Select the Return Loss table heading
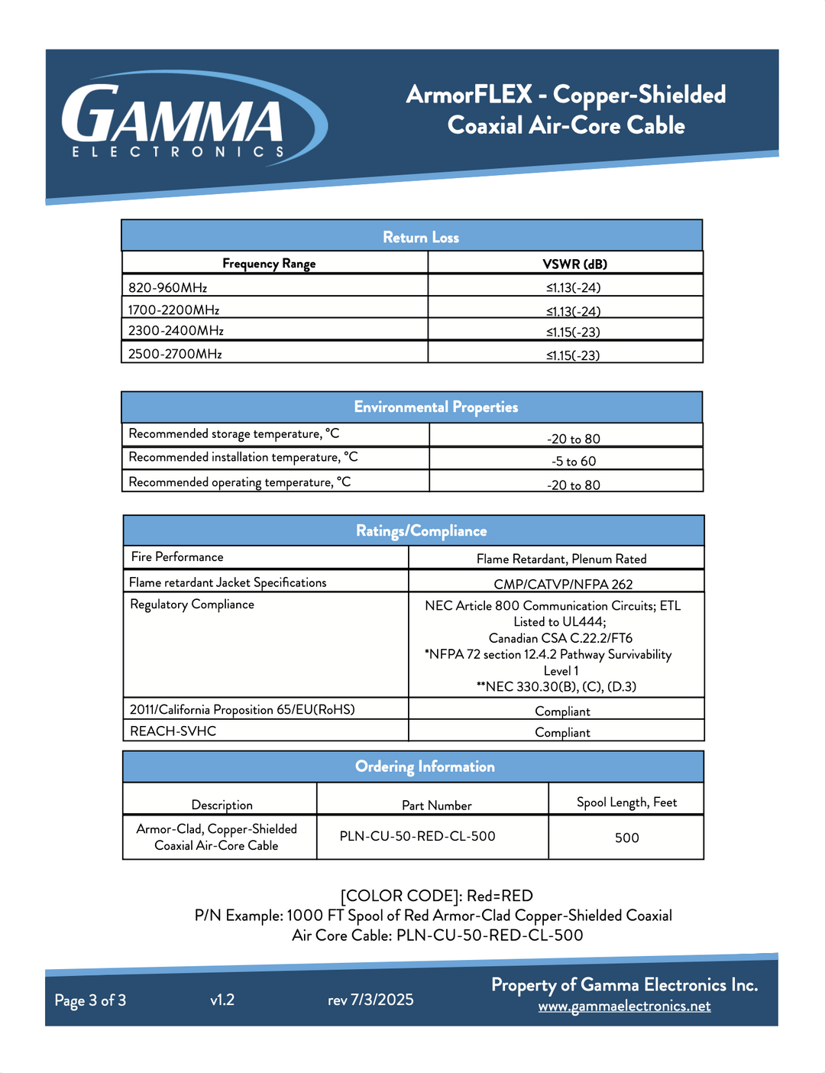(421, 237)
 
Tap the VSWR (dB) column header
(574, 264)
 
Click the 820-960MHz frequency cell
(168, 287)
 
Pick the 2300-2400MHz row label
(176, 331)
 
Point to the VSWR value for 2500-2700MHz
(573, 355)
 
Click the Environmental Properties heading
(435, 407)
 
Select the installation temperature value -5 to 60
(574, 461)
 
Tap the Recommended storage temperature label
(234, 434)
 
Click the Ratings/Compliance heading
(421, 531)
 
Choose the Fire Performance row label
(177, 557)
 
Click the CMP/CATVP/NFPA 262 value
(563, 584)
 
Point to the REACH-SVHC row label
(173, 731)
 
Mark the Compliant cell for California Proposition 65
(562, 711)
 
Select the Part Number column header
(436, 806)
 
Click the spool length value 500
(626, 838)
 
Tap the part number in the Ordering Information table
(417, 836)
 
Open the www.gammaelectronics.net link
(624, 1006)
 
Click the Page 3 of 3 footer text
(90, 1000)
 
